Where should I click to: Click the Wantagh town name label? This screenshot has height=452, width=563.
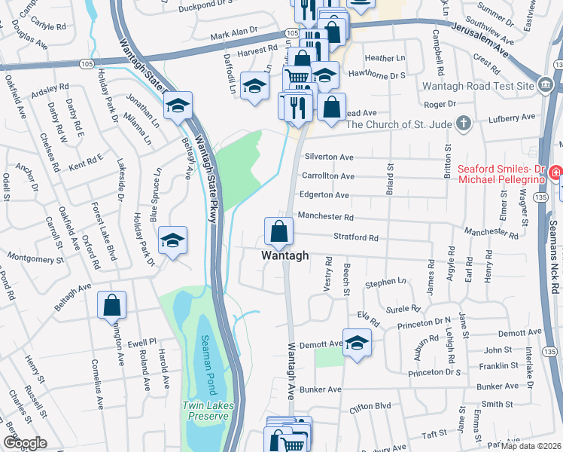[285, 255]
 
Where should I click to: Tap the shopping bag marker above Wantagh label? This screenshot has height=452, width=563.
[278, 232]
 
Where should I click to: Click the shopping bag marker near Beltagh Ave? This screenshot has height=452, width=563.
[111, 306]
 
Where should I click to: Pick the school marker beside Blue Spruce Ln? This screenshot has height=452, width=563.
[173, 241]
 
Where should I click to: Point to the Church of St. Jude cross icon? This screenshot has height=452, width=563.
[464, 122]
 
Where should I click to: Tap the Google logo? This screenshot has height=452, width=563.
[24, 443]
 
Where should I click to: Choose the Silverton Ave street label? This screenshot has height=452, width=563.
[329, 157]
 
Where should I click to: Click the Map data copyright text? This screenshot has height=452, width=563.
[531, 446]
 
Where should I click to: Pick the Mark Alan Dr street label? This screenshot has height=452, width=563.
[234, 35]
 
